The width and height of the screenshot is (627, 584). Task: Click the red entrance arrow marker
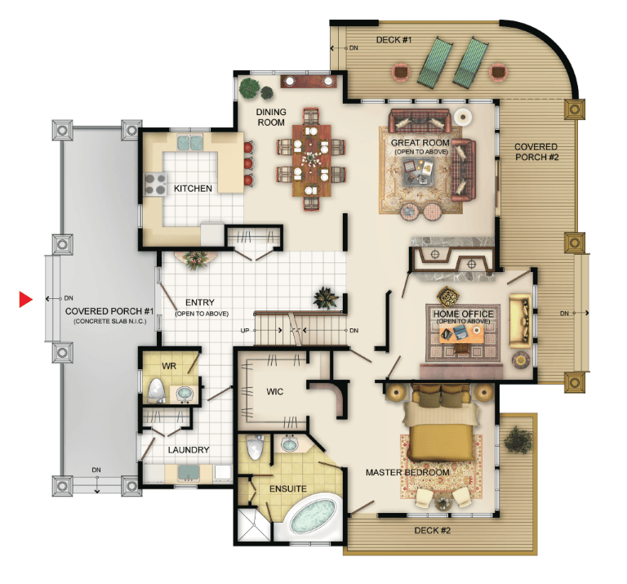pos(25,299)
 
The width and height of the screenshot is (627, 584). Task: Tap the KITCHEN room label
pos(193,189)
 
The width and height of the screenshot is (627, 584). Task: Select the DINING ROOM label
pos(271,117)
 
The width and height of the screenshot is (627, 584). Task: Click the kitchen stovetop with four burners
pos(155,184)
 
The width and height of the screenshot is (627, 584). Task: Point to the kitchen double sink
pos(190,143)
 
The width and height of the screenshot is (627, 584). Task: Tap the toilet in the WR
pos(156,390)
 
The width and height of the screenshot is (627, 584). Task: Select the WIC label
pos(274,391)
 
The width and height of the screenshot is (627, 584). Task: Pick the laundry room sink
pos(189,473)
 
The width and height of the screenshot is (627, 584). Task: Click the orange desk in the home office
pos(462,334)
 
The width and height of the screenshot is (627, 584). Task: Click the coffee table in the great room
pos(418,172)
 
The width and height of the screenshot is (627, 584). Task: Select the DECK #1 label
pos(394,40)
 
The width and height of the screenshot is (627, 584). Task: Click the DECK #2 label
pos(432,530)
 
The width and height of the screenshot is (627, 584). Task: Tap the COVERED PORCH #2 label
pos(536,152)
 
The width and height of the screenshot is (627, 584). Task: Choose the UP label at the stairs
pos(245,331)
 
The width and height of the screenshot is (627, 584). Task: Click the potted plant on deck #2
pos(518,440)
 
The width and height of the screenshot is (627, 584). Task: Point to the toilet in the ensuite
pos(255,448)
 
